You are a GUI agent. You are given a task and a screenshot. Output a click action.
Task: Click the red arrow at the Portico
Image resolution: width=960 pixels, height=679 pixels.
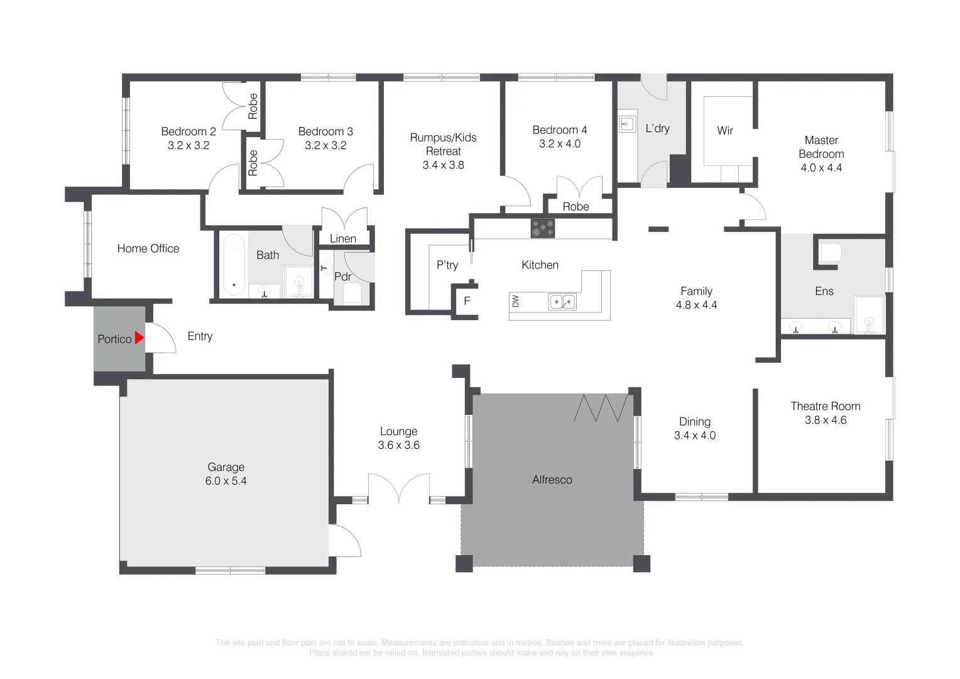coord(139,338)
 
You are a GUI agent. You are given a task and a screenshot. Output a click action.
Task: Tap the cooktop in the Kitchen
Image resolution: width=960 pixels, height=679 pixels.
coord(543,228)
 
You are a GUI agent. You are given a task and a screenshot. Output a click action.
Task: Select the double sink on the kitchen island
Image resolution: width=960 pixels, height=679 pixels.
coord(562,302)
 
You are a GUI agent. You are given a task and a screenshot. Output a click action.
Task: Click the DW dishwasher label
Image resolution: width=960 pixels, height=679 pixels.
coord(515,301)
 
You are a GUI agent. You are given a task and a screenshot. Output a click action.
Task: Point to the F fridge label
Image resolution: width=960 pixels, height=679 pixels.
coord(467,301)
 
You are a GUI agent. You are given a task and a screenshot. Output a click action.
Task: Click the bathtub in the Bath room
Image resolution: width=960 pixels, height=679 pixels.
coord(234,265)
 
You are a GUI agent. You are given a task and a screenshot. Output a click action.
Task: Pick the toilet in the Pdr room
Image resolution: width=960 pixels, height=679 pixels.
coord(352,293)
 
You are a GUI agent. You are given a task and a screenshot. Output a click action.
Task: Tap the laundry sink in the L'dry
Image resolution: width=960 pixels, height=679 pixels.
coord(627,124)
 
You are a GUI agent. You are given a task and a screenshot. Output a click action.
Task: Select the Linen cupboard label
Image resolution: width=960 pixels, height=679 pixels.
coord(343,238)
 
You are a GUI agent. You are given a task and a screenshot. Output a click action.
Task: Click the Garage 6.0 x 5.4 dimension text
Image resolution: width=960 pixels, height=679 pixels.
coord(226,481)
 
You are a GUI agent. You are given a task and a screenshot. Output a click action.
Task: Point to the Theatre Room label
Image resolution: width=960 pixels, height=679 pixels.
coord(826,406)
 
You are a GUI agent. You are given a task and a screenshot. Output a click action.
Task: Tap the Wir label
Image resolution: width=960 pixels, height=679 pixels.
coord(725,130)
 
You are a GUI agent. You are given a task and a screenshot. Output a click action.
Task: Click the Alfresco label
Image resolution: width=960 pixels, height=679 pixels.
coord(552,480)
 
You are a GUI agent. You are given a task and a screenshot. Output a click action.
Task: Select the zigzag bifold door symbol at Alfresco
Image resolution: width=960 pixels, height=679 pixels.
coord(601,408)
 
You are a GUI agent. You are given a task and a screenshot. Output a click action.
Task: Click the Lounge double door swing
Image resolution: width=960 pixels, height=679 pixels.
coord(399,487)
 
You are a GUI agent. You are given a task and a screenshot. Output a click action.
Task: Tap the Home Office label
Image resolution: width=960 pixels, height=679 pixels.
coord(148,248)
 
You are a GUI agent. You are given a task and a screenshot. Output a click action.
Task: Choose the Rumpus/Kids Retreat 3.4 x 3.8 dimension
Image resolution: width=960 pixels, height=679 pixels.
coord(443,165)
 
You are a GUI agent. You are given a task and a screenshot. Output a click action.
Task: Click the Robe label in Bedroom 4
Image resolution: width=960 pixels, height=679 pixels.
coord(575,207)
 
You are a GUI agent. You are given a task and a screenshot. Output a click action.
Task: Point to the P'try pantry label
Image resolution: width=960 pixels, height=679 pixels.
coord(447,265)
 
